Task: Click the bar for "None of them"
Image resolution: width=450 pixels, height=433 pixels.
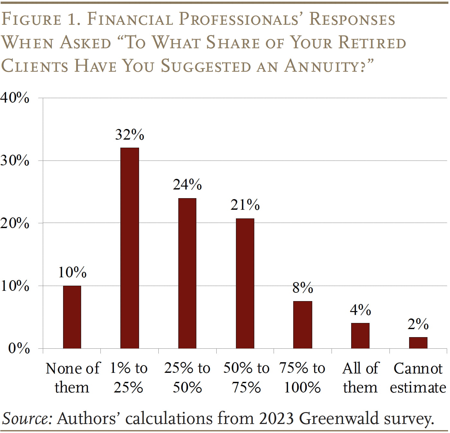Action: click(72, 317)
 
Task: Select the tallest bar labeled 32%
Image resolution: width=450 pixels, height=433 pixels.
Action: click(130, 248)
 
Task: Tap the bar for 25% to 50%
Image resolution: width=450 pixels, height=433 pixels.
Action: click(187, 273)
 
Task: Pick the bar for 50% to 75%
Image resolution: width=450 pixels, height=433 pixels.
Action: click(245, 283)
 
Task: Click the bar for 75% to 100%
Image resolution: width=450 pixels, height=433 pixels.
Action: click(303, 325)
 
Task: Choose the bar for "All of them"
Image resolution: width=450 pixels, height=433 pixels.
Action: click(360, 336)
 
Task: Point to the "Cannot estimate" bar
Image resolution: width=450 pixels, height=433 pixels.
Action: click(418, 343)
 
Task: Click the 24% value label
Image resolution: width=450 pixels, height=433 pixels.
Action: click(187, 185)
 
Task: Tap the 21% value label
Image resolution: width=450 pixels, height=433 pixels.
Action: click(245, 205)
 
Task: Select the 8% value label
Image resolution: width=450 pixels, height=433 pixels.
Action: click(303, 288)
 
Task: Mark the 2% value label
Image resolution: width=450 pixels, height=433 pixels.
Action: click(418, 324)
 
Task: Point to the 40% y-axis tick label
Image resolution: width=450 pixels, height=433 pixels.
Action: click(15, 98)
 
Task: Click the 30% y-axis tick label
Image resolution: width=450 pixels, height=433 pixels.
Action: click(15, 161)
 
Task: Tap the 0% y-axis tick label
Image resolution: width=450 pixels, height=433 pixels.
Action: click(19, 348)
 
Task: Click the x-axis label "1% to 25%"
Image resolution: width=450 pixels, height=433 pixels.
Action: click(129, 378)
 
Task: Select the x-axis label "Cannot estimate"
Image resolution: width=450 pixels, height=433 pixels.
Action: click(418, 378)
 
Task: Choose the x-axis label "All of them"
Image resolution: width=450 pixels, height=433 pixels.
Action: click(361, 378)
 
